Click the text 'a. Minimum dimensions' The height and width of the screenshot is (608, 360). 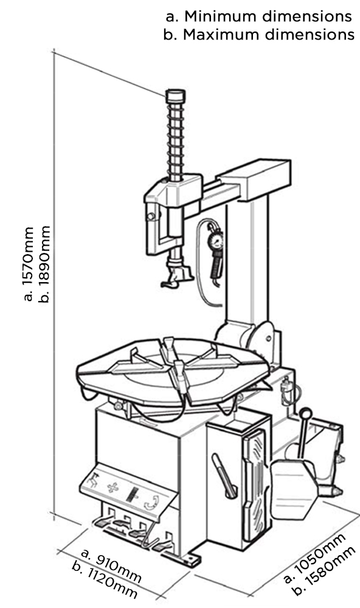click(x=259, y=16)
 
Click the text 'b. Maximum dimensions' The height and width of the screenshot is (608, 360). click(x=259, y=34)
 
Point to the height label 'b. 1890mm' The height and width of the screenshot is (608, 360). click(x=45, y=264)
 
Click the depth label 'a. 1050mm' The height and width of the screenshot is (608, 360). click(x=314, y=558)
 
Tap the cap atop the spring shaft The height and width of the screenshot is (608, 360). click(x=175, y=96)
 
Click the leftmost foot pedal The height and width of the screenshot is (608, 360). click(x=102, y=523)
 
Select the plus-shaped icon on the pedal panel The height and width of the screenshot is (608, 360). click(x=112, y=487)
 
